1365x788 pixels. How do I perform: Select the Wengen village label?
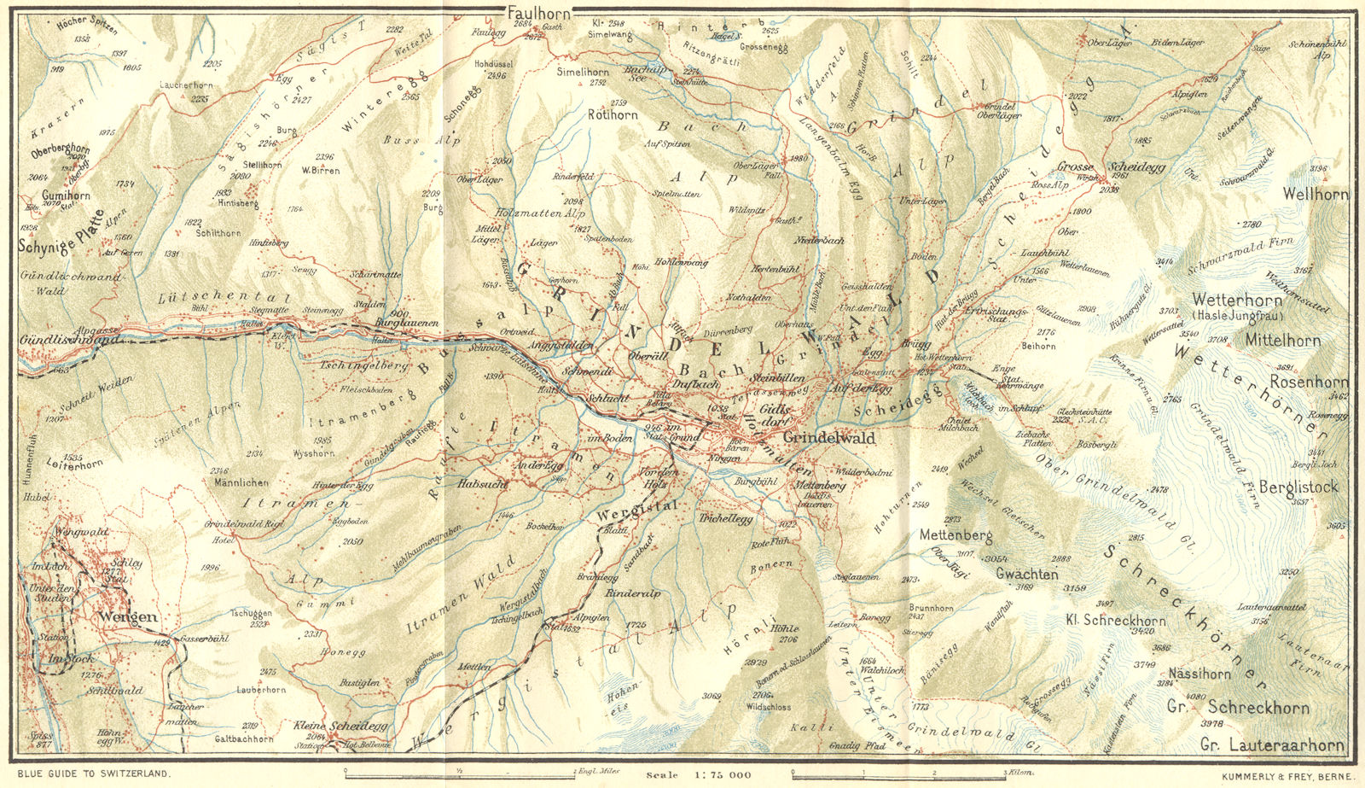tap(128, 616)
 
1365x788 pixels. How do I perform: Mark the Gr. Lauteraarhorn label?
tap(1272, 745)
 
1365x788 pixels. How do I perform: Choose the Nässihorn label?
tap(1199, 674)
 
